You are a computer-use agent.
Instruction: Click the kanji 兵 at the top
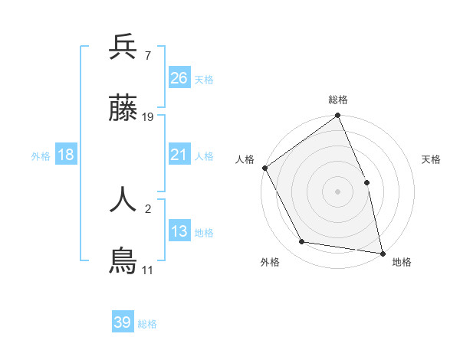[x=123, y=47]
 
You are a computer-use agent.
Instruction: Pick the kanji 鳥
[x=123, y=261]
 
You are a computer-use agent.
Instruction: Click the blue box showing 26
[x=179, y=77]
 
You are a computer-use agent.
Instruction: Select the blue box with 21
[x=179, y=155]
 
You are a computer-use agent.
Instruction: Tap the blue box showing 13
[x=179, y=231]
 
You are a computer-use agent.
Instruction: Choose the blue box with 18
[x=66, y=155]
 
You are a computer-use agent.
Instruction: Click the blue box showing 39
[x=123, y=322]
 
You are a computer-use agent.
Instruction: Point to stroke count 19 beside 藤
[x=149, y=117]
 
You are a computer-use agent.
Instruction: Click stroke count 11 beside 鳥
[x=147, y=270]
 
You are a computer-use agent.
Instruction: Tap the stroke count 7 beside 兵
[x=146, y=55]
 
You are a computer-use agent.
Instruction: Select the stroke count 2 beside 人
[x=147, y=207]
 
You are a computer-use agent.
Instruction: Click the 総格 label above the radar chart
[x=338, y=100]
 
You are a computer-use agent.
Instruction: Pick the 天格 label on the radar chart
[x=431, y=159]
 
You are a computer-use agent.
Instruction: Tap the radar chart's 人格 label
[x=245, y=159]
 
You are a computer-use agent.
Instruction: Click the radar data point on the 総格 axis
[x=338, y=116]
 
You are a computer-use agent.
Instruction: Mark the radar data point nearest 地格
[x=382, y=252]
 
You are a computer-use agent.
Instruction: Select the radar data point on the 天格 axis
[x=366, y=182]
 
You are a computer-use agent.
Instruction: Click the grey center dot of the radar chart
[x=338, y=191]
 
